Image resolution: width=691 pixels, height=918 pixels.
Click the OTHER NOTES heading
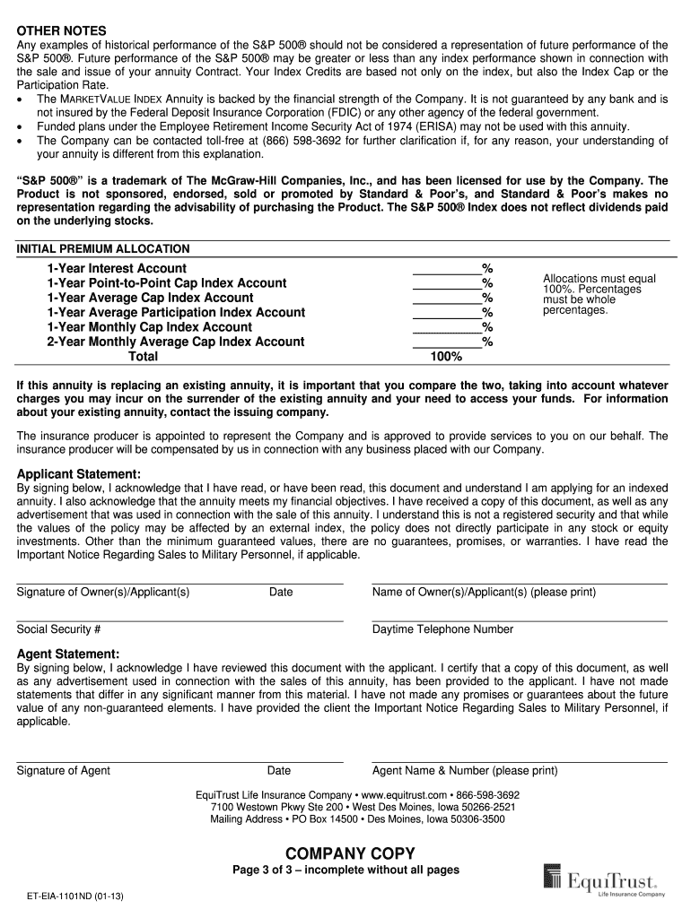(62, 30)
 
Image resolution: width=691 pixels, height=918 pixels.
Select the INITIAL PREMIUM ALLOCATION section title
(103, 249)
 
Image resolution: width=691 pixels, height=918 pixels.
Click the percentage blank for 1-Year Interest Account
(446, 269)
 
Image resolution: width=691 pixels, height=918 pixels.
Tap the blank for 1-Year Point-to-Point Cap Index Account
(446, 283)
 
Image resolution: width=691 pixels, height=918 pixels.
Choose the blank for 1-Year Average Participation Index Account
(446, 313)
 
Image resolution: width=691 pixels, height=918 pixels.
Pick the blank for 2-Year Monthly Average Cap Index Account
(446, 342)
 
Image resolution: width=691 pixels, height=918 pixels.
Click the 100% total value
(446, 357)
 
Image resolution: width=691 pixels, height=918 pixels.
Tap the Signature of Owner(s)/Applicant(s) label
(103, 593)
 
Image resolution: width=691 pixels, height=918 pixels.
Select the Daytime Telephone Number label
(442, 629)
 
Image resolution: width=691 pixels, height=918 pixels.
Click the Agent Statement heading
(68, 654)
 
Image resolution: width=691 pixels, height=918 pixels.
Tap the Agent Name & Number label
(464, 771)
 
